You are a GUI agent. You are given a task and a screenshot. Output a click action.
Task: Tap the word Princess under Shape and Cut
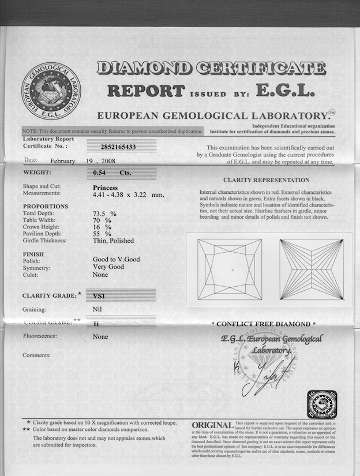(x=105, y=188)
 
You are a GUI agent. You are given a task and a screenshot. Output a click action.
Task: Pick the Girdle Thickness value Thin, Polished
(x=113, y=241)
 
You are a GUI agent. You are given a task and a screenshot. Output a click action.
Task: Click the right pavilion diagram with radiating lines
(x=311, y=269)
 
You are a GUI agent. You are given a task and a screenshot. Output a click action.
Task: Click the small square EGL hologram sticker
(x=321, y=404)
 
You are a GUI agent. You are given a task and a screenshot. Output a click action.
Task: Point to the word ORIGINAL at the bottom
(x=212, y=425)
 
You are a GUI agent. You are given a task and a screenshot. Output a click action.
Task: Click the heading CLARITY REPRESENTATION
(x=266, y=180)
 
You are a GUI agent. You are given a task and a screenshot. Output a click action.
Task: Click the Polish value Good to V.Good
(x=116, y=260)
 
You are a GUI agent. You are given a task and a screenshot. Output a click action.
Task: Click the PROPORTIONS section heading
(x=45, y=206)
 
